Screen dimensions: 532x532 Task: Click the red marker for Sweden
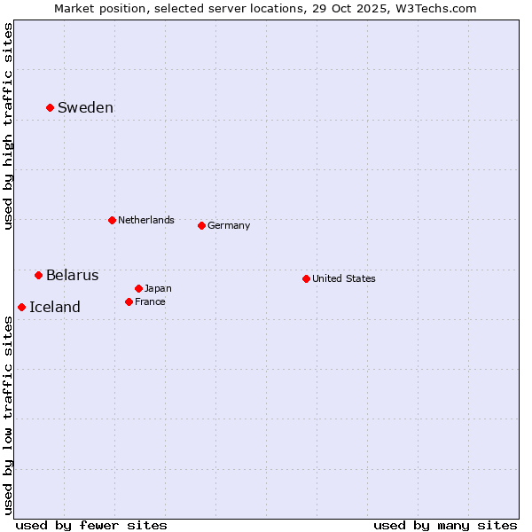click(50, 107)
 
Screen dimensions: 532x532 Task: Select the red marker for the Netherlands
click(112, 220)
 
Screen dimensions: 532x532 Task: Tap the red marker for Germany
click(201, 225)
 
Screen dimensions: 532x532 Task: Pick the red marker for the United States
click(306, 278)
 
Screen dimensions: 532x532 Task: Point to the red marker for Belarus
click(38, 275)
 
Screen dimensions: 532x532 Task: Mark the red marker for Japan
click(138, 288)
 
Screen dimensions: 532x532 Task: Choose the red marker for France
click(129, 301)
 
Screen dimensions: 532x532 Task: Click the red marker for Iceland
click(21, 307)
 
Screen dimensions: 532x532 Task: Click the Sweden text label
click(85, 108)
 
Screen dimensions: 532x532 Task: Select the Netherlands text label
click(145, 220)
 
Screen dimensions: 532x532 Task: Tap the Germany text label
click(229, 225)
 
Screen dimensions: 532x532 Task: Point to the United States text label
click(343, 278)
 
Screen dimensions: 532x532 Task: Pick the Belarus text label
click(72, 275)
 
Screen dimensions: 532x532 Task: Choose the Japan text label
click(158, 288)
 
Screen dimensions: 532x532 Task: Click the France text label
click(150, 301)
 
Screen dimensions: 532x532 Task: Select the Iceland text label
click(54, 307)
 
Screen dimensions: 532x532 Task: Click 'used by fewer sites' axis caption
click(91, 525)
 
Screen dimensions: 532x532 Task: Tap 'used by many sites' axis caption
click(445, 525)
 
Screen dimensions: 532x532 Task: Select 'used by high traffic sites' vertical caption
click(8, 126)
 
